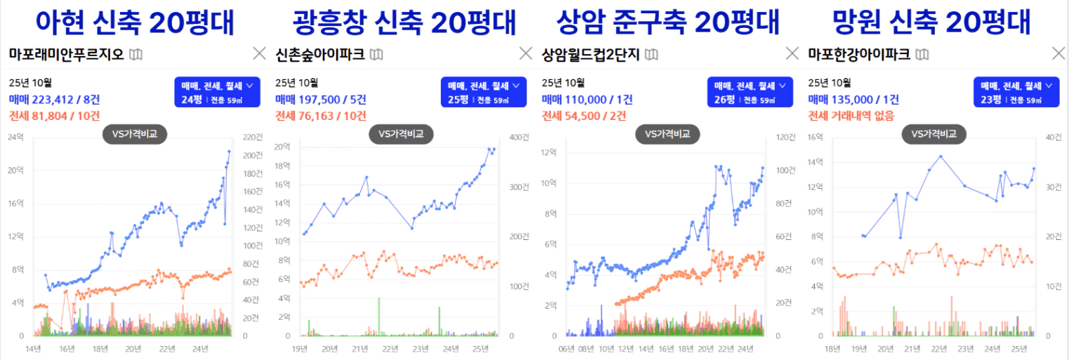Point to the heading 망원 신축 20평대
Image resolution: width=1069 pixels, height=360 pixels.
pos(931,22)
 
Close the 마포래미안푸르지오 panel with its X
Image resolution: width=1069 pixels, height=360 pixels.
pos(259,53)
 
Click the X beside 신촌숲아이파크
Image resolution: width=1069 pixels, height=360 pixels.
pos(526,53)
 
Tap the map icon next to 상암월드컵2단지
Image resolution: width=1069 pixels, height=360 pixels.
pos(651,54)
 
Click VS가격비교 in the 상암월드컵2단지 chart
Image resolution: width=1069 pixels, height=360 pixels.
pos(668,134)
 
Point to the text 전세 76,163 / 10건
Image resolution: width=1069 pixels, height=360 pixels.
pos(321,115)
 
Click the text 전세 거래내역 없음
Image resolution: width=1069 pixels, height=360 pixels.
pos(851,115)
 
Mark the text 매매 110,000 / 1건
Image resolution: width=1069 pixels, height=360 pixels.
pos(587,100)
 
